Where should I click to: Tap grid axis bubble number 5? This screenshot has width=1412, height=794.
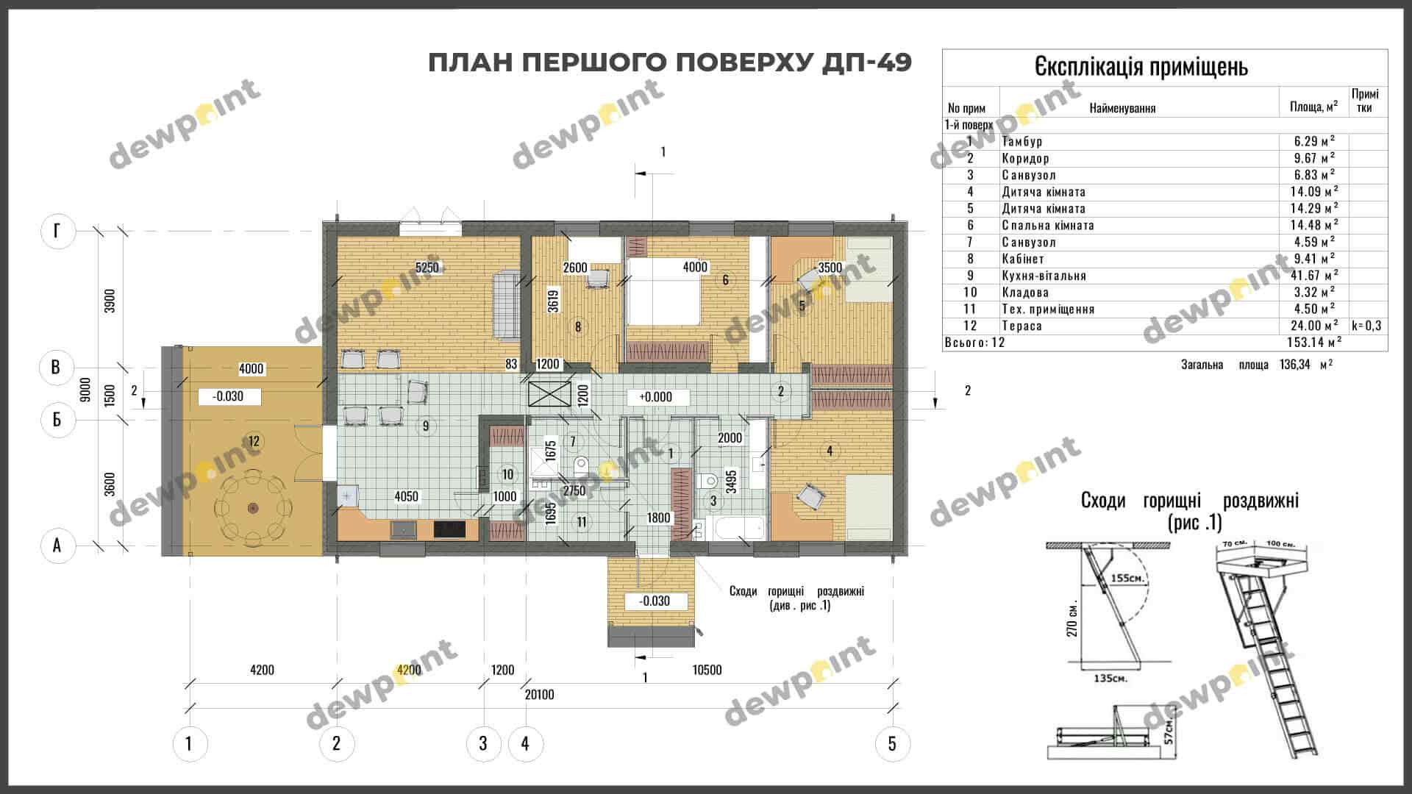892,743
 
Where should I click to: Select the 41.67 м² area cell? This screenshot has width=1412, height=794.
1314,276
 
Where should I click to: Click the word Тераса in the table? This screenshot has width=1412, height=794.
1021,326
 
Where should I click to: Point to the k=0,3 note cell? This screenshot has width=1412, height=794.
1366,326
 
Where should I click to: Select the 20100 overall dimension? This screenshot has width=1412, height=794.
539,695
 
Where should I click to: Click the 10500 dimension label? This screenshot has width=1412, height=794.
707,670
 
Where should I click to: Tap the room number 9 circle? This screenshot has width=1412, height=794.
425,426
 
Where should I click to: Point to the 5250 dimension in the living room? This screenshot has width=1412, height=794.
427,268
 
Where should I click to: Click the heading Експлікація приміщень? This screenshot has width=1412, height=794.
1141,67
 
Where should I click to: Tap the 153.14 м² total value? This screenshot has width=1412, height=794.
1313,342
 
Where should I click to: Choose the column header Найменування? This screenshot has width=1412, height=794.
1122,108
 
